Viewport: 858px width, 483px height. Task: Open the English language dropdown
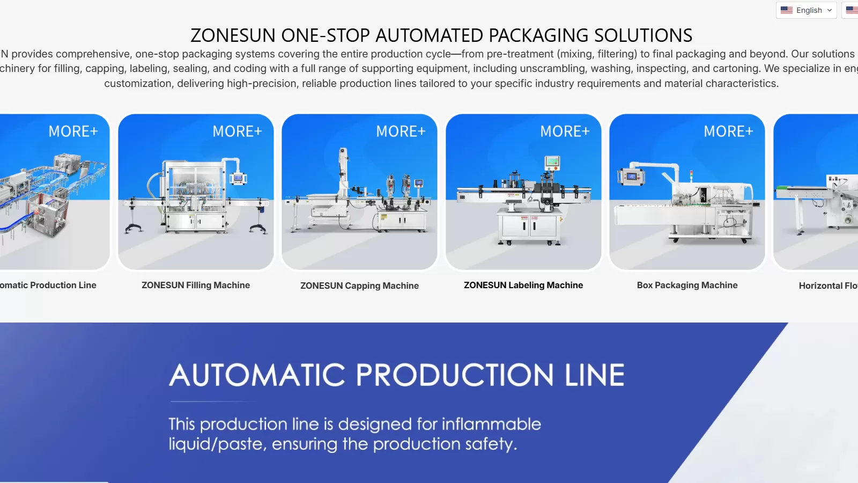tap(806, 10)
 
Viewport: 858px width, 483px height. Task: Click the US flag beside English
tap(786, 10)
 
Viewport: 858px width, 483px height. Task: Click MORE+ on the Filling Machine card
tap(237, 131)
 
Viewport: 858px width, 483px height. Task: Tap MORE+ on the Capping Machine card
tap(401, 131)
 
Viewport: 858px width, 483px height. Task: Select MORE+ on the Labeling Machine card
tap(565, 131)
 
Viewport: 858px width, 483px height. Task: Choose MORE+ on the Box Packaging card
tap(728, 131)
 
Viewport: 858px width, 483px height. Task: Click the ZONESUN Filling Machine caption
tap(196, 285)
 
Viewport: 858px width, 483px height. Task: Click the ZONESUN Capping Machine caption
tap(359, 286)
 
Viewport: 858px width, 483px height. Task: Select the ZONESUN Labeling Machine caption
tap(523, 285)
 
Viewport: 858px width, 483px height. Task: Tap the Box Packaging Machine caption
tap(687, 285)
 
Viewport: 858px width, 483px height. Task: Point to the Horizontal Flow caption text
tap(828, 286)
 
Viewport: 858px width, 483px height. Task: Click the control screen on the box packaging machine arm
tap(631, 177)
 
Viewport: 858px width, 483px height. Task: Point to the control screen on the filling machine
tap(238, 178)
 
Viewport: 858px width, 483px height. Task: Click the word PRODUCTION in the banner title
tap(455, 375)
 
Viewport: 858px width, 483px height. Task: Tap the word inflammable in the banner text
tap(491, 424)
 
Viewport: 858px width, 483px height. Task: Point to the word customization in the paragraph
tap(138, 83)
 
